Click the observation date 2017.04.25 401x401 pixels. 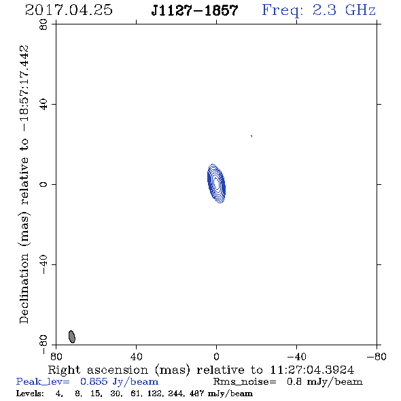point(69,10)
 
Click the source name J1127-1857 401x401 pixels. point(194,10)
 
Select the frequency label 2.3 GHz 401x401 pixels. point(344,10)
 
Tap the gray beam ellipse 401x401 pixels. point(72,336)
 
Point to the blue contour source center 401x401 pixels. point(216,184)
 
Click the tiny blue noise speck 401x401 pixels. point(251,136)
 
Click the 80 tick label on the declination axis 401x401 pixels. point(43,24)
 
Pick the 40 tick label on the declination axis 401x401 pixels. point(43,105)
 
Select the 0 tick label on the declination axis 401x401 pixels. point(43,184)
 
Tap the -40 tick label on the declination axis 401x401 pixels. point(43,264)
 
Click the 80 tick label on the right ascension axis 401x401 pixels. point(56,356)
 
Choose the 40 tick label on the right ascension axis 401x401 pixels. point(137,356)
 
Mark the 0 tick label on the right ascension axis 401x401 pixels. point(216,356)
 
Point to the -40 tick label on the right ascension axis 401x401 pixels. point(296,356)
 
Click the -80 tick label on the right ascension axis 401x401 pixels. point(377,356)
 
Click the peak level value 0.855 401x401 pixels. point(94,381)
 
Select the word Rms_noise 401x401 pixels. point(245,382)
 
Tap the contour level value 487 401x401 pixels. point(196,394)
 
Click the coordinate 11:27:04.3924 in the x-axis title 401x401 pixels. point(312,370)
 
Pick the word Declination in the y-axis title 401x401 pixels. point(24,288)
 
